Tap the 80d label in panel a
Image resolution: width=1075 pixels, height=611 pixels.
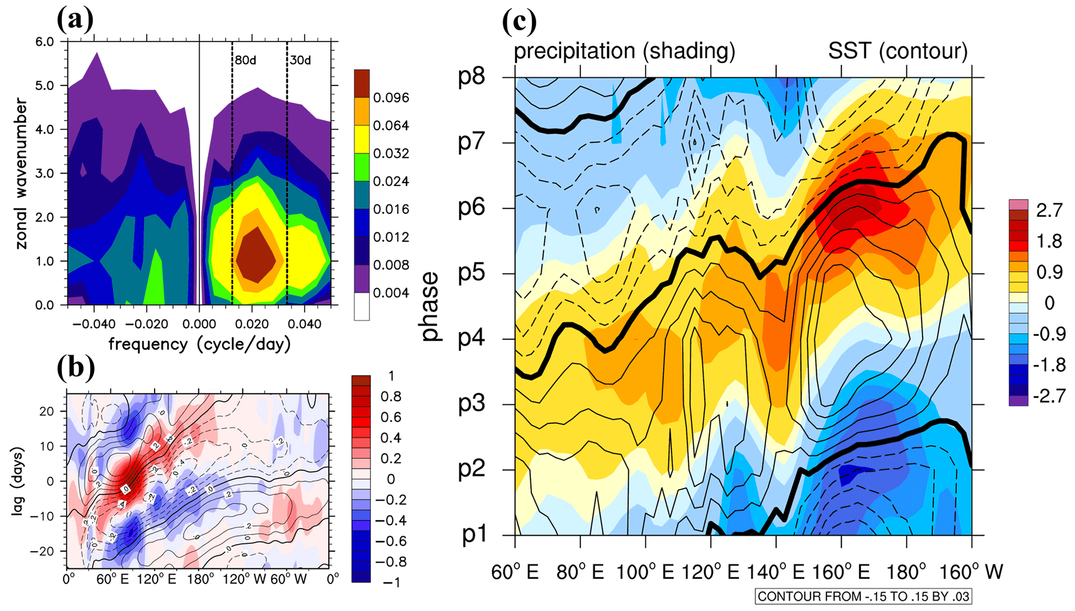coord(245,60)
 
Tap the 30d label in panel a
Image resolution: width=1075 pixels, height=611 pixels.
coord(301,60)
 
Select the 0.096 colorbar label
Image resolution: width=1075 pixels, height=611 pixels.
coord(391,98)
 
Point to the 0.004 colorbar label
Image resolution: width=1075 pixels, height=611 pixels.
coord(391,293)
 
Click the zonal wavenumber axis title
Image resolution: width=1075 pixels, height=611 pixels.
coord(21,173)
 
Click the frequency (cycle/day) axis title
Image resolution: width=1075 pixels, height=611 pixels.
coord(199,344)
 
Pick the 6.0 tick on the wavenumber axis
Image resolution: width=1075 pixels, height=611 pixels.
coord(45,42)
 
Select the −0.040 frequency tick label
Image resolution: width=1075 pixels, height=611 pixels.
coord(94,324)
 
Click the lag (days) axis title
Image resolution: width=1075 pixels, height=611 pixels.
coord(18,481)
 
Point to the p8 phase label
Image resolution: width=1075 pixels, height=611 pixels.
coord(471,77)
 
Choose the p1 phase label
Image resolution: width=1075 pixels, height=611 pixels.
coord(474,534)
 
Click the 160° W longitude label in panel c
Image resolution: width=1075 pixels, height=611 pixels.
coord(970,572)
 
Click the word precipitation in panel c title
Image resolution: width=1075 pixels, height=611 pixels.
coord(574,51)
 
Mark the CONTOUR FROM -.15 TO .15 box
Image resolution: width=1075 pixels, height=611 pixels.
coord(863,596)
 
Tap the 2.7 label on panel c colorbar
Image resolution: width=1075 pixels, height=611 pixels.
coord(1049,210)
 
